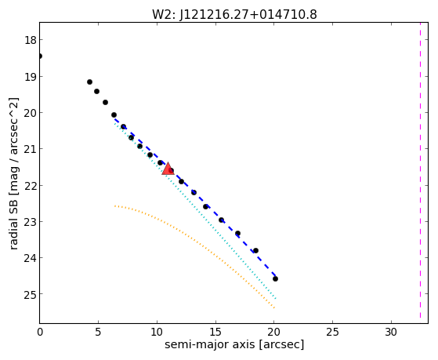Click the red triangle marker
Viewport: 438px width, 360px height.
tap(168, 169)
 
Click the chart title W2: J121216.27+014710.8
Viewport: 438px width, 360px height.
tap(234, 15)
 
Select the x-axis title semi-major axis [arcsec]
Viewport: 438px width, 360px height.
tap(234, 344)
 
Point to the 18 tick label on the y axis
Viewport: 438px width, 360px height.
tap(31, 40)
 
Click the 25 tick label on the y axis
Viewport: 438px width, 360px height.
tap(31, 294)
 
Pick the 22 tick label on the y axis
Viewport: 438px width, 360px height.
tap(31, 186)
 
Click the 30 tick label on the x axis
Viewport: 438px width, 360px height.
tap(391, 332)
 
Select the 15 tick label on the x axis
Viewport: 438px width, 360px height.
tap(215, 332)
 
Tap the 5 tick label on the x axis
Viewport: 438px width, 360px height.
tap(98, 332)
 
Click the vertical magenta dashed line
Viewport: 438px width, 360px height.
tap(420, 170)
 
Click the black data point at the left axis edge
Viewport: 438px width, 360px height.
tap(40, 56)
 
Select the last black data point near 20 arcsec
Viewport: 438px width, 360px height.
tap(275, 279)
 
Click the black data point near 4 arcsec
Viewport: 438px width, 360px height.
tap(89, 82)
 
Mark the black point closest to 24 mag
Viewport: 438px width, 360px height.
tap(255, 251)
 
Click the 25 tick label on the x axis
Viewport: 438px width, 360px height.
tap(332, 332)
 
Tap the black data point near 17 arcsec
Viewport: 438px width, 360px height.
tap(237, 233)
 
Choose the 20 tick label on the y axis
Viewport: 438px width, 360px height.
tap(31, 113)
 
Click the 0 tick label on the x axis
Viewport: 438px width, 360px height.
tap(40, 332)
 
